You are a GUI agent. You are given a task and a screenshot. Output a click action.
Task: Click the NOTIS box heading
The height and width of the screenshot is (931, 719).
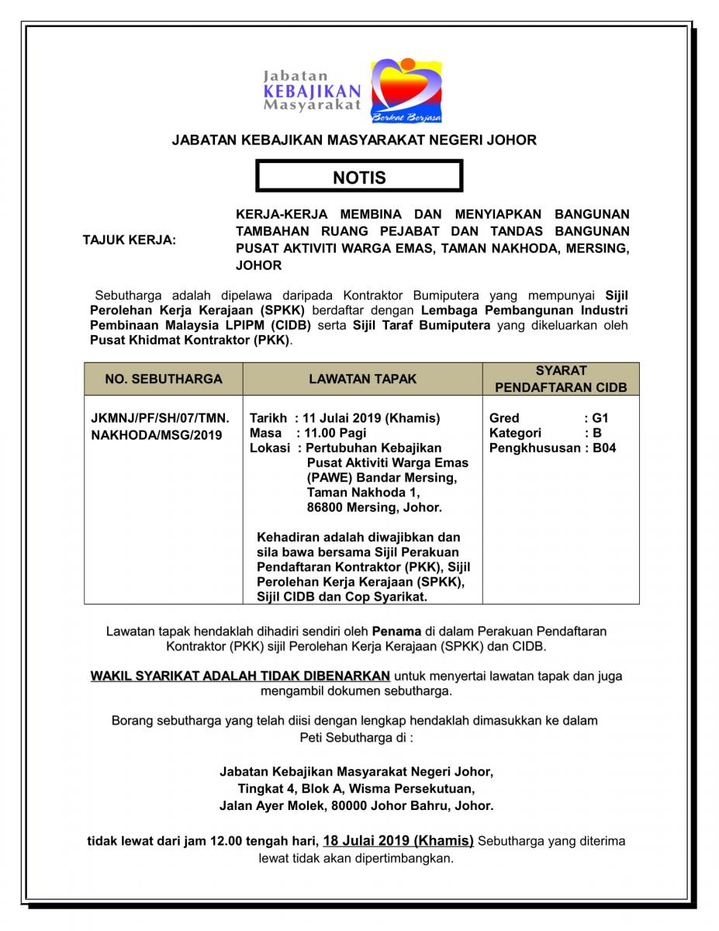(359, 177)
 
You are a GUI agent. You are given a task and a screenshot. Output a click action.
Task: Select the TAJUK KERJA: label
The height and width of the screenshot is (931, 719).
(130, 240)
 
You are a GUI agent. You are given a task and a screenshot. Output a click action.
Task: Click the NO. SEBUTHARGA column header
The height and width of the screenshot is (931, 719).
(164, 379)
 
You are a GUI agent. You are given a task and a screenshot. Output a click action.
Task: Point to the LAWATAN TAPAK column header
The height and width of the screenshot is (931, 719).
(362, 379)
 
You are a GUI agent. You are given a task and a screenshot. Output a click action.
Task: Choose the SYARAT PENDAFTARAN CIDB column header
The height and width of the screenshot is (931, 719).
(561, 379)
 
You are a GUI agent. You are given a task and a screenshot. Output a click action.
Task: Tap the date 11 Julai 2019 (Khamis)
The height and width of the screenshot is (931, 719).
(373, 418)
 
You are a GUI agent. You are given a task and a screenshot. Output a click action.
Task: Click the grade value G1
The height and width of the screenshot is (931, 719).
(601, 418)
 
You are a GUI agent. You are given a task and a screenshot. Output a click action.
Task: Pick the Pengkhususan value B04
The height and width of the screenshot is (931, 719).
(604, 448)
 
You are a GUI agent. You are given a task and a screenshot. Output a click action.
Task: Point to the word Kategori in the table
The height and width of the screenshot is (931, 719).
(515, 433)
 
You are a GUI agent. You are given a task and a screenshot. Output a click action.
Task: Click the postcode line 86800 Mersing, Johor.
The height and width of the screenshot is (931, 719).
(374, 508)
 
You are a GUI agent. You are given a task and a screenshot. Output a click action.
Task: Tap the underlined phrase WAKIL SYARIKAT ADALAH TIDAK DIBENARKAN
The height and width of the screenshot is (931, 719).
(240, 676)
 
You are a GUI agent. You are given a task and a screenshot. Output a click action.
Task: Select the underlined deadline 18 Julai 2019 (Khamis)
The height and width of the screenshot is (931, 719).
(399, 840)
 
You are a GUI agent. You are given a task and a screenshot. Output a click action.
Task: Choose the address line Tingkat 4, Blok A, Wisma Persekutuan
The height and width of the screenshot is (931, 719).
(356, 789)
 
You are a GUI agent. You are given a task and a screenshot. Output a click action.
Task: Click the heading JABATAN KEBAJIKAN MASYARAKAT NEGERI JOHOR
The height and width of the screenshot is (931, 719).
(354, 140)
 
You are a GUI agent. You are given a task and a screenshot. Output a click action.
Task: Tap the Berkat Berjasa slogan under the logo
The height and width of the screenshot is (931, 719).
(407, 117)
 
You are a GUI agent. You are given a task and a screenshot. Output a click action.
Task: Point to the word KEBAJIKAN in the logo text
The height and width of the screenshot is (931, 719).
(312, 91)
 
